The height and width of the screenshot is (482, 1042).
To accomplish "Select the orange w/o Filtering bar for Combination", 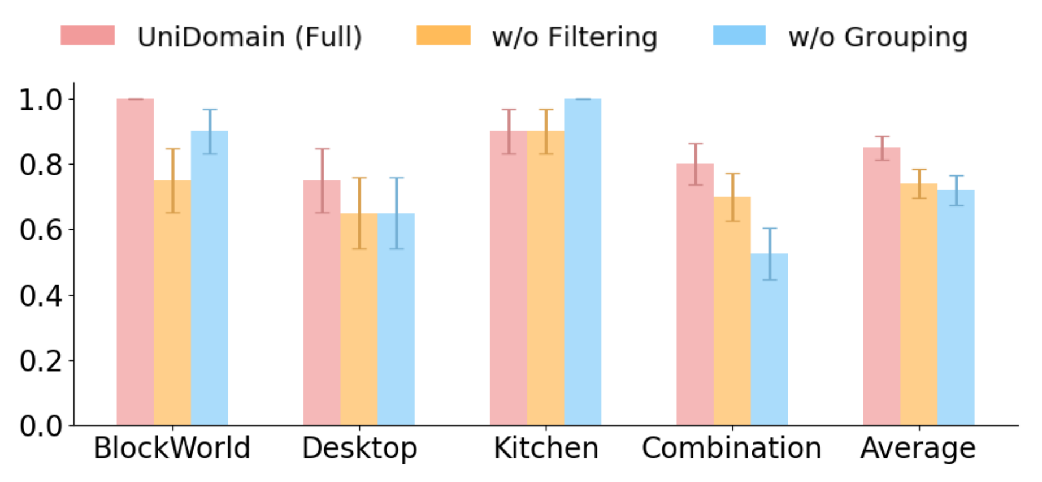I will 732,311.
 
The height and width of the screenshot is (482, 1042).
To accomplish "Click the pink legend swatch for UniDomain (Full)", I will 88,36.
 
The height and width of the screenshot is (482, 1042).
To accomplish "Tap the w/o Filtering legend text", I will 575,37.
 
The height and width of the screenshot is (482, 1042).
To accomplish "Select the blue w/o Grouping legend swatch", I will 739,36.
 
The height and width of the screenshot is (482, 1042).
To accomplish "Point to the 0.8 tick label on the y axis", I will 40,165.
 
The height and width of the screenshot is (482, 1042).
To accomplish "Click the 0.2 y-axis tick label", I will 40,360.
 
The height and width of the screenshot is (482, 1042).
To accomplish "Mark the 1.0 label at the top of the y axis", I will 40,100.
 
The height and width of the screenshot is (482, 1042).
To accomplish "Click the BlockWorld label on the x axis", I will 172,448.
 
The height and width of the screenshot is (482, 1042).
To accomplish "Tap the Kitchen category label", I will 546,448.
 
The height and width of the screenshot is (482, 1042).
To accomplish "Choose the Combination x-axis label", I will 732,448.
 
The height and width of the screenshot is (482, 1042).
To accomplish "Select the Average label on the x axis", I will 918,448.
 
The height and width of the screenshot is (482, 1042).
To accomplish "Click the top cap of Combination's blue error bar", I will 769,229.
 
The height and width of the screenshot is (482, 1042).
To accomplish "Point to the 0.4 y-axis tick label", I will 40,295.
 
